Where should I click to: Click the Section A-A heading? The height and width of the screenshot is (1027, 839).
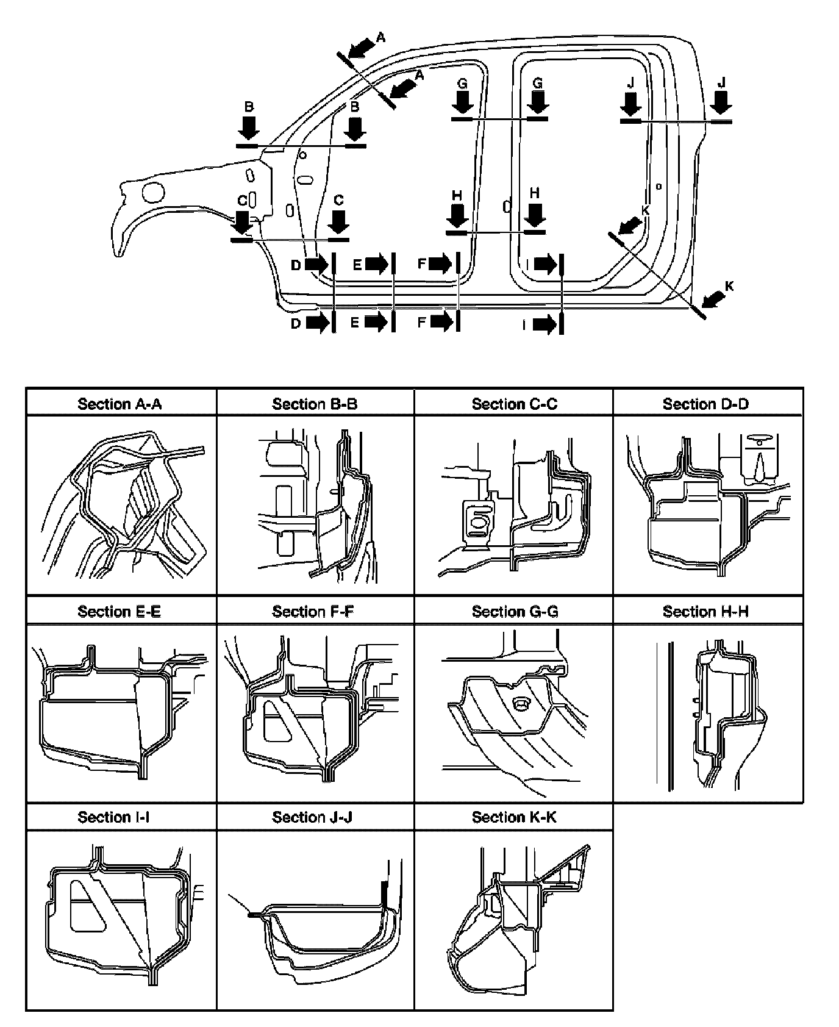[x=120, y=404]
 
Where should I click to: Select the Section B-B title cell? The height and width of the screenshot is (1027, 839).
[x=315, y=404]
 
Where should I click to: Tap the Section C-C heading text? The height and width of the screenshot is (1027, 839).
[x=514, y=404]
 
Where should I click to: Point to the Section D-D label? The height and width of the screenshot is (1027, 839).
[x=705, y=404]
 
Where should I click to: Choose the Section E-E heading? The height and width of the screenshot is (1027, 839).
[x=120, y=611]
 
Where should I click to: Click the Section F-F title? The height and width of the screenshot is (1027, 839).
[x=315, y=611]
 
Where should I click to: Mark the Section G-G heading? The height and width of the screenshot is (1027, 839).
[x=515, y=611]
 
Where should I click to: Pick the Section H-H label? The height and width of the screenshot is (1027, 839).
[x=705, y=611]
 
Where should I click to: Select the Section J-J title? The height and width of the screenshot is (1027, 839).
[x=315, y=817]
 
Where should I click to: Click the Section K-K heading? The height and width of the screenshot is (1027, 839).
[x=514, y=817]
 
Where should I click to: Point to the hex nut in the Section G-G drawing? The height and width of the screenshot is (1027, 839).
[x=521, y=705]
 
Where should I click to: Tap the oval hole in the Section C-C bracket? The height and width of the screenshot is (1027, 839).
[x=479, y=523]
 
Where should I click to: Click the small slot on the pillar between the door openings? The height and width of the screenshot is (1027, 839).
[x=506, y=206]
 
